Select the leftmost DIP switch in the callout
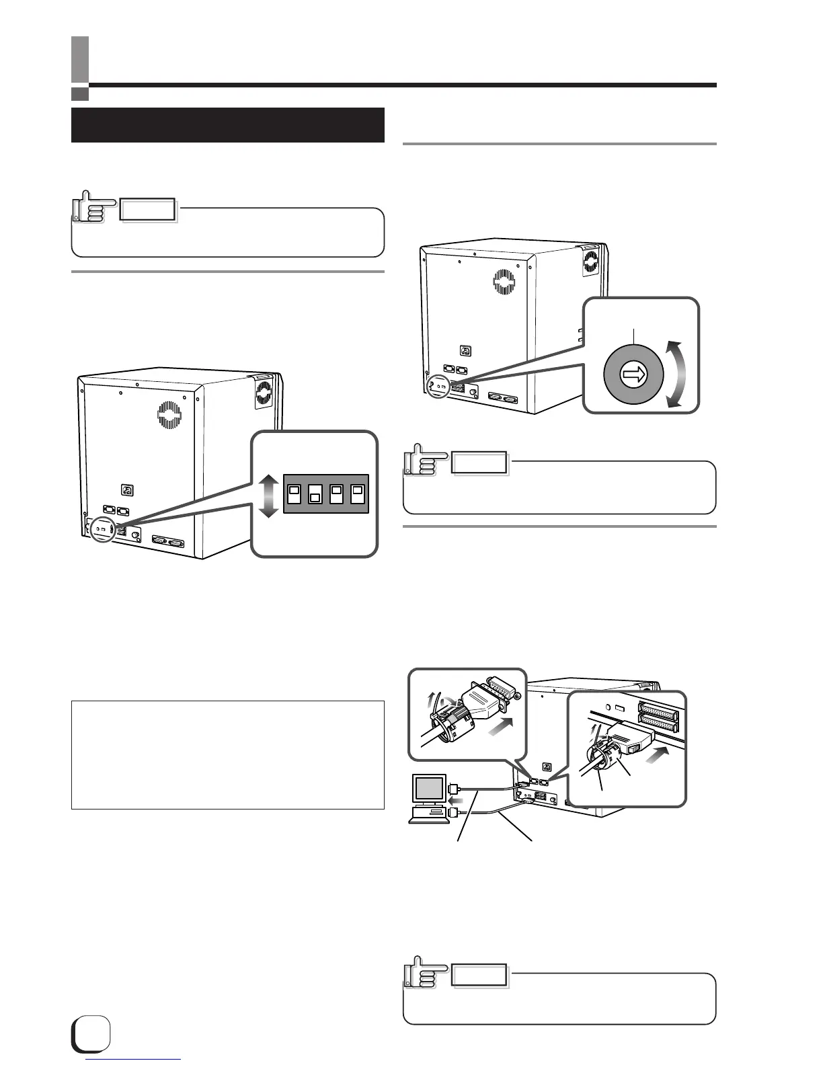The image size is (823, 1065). [294, 494]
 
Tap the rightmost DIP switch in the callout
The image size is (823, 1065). [358, 494]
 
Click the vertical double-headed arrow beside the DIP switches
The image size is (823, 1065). [268, 496]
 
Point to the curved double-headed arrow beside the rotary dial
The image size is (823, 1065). [676, 374]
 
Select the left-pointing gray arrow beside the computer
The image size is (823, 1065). [455, 801]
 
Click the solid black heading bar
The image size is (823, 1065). [227, 125]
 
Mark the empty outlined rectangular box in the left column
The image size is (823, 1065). [227, 754]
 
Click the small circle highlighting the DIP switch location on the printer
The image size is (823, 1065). [102, 529]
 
